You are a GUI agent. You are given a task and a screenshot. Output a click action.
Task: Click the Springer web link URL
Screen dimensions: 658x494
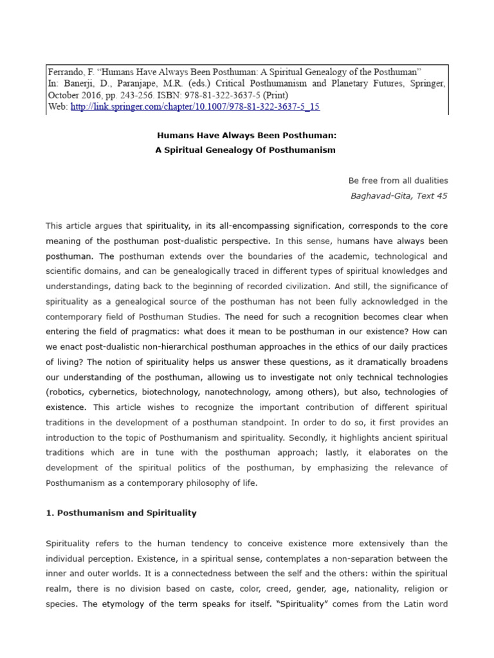[x=195, y=107]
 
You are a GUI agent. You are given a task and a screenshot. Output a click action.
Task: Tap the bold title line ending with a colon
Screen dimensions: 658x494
[x=247, y=136]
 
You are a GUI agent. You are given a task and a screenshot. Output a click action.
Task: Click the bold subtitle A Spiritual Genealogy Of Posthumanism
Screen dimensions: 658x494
[x=247, y=150]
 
